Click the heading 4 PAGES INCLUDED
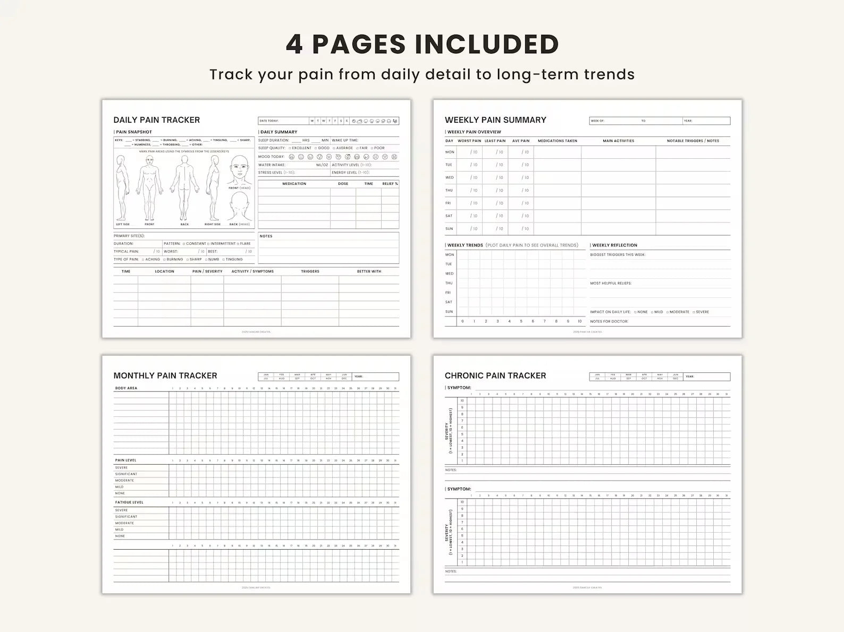coord(422,44)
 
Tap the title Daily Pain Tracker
coord(157,120)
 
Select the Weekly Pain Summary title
coord(495,120)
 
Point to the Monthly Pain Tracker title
coord(165,375)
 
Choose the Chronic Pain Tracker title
coord(495,375)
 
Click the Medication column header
coord(294,184)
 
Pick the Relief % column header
coord(390,184)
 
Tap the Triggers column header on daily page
coord(310,271)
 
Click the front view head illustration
coord(240,171)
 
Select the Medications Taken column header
coord(557,141)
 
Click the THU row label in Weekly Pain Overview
coord(449,190)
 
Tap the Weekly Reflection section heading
coord(614,245)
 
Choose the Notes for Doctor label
coord(609,321)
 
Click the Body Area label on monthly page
coord(126,388)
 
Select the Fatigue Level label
coord(129,502)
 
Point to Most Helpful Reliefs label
coord(611,283)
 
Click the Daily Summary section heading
coord(279,132)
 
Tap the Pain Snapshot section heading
coord(134,132)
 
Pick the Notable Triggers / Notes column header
coord(693,141)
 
